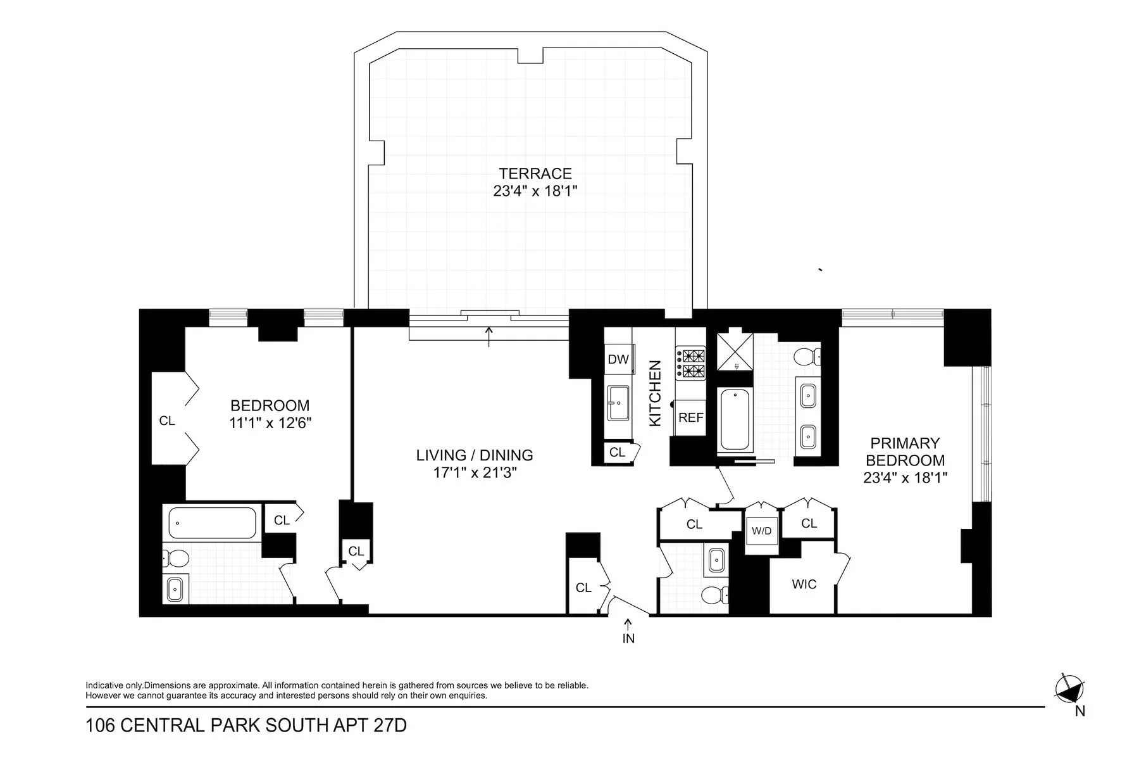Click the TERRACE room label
(535, 174)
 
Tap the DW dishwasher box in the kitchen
(618, 359)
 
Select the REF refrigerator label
(690, 417)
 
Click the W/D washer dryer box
(761, 531)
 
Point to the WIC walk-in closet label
(804, 584)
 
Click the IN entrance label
(628, 638)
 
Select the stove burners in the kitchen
(690, 363)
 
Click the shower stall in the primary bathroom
(735, 351)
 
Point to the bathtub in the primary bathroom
(735, 420)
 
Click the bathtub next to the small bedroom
(212, 523)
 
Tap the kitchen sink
(618, 402)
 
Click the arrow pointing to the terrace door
(489, 336)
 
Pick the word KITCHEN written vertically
(655, 393)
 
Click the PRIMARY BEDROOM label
(904, 452)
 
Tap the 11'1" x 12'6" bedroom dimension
(270, 422)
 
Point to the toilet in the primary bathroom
(807, 357)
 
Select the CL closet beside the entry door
(583, 588)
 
